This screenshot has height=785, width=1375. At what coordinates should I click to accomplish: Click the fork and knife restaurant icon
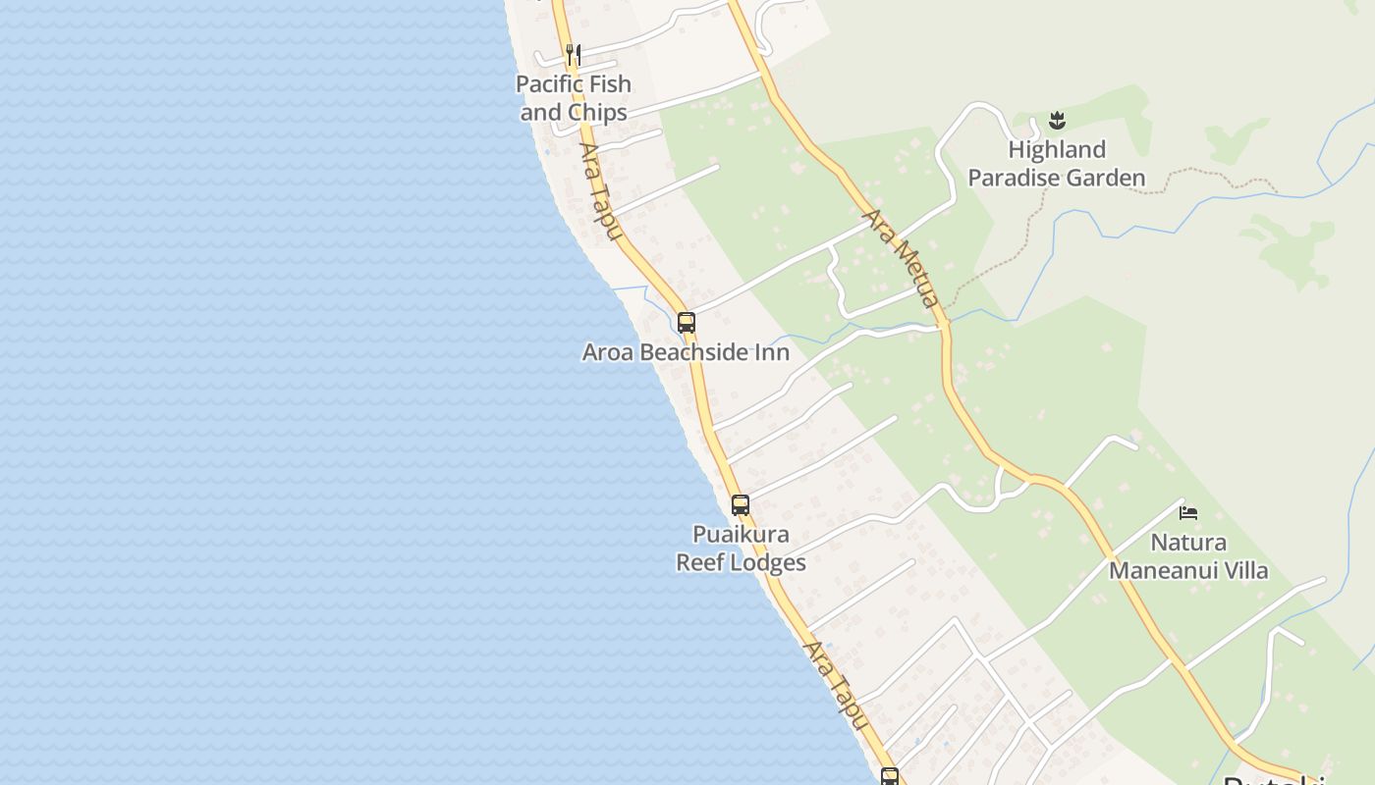574,55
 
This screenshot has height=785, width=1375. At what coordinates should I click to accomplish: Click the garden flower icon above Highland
1057,121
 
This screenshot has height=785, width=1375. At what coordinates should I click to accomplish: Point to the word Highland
1057,150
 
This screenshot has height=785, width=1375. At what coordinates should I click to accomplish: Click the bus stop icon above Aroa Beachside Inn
687,322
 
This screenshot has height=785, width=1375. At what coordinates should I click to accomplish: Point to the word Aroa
607,352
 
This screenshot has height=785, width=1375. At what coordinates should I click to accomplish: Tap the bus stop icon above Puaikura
741,505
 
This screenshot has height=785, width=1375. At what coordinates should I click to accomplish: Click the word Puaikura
741,535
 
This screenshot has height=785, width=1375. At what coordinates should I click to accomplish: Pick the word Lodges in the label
772,563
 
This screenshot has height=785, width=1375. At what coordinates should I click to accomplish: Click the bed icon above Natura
1188,512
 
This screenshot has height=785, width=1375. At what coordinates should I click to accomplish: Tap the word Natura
1188,543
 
